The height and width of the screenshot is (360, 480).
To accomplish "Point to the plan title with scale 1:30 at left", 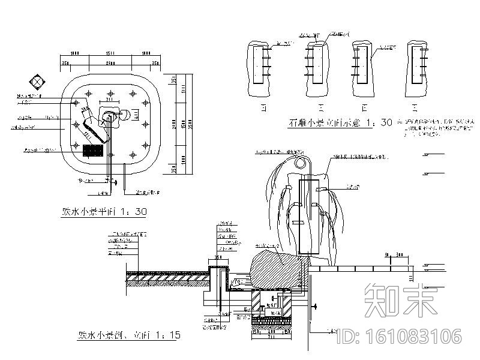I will pos(104,212).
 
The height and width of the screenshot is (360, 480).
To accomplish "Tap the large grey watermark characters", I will pos(402,300).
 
